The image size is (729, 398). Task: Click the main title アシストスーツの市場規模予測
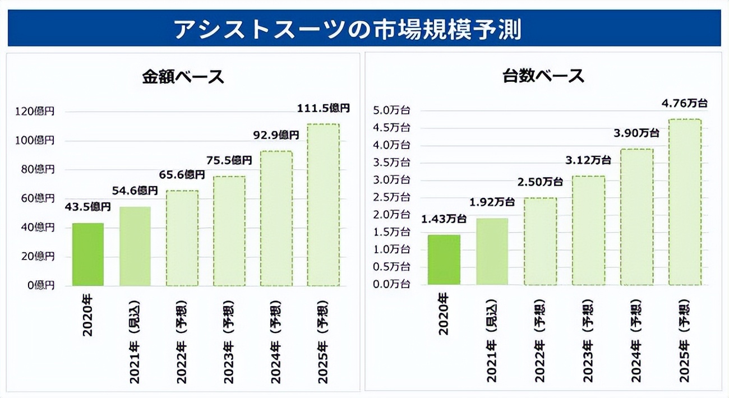[x=348, y=29]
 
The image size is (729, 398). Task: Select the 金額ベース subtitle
[x=183, y=77]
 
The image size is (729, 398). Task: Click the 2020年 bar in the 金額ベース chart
[x=88, y=254]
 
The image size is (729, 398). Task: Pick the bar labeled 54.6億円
[x=135, y=246]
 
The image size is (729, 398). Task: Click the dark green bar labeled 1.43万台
[x=444, y=260]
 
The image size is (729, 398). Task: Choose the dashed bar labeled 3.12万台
[x=589, y=230]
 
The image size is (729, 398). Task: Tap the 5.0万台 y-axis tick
[x=391, y=110]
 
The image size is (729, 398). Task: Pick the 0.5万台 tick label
[x=391, y=267]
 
